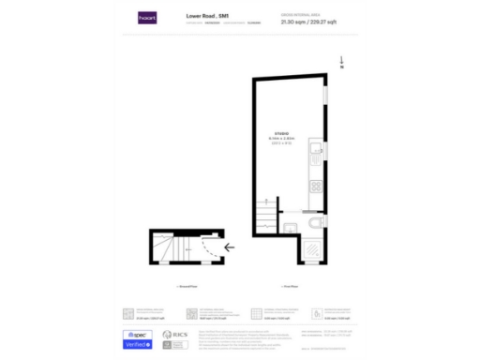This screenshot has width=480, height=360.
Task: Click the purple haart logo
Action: [146, 17]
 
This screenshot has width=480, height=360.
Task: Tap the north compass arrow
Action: [342, 62]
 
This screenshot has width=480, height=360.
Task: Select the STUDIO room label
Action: [282, 133]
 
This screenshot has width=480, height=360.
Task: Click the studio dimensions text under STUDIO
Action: [282, 141]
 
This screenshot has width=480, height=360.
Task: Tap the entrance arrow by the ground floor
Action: [229, 249]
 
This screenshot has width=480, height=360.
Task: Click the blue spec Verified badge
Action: [139, 339]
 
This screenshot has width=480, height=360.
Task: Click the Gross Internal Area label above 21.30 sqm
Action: [297, 14]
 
